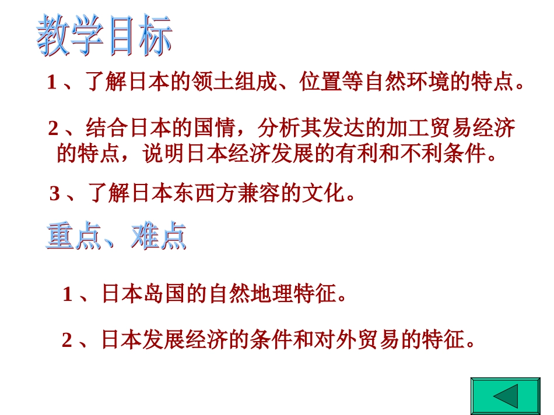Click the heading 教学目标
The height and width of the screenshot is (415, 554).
pyautogui.click(x=104, y=36)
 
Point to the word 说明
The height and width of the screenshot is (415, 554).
pyautogui.click(x=165, y=153)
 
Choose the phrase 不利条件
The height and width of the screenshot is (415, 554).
pyautogui.click(x=443, y=153)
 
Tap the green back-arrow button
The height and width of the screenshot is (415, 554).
pyautogui.click(x=505, y=396)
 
